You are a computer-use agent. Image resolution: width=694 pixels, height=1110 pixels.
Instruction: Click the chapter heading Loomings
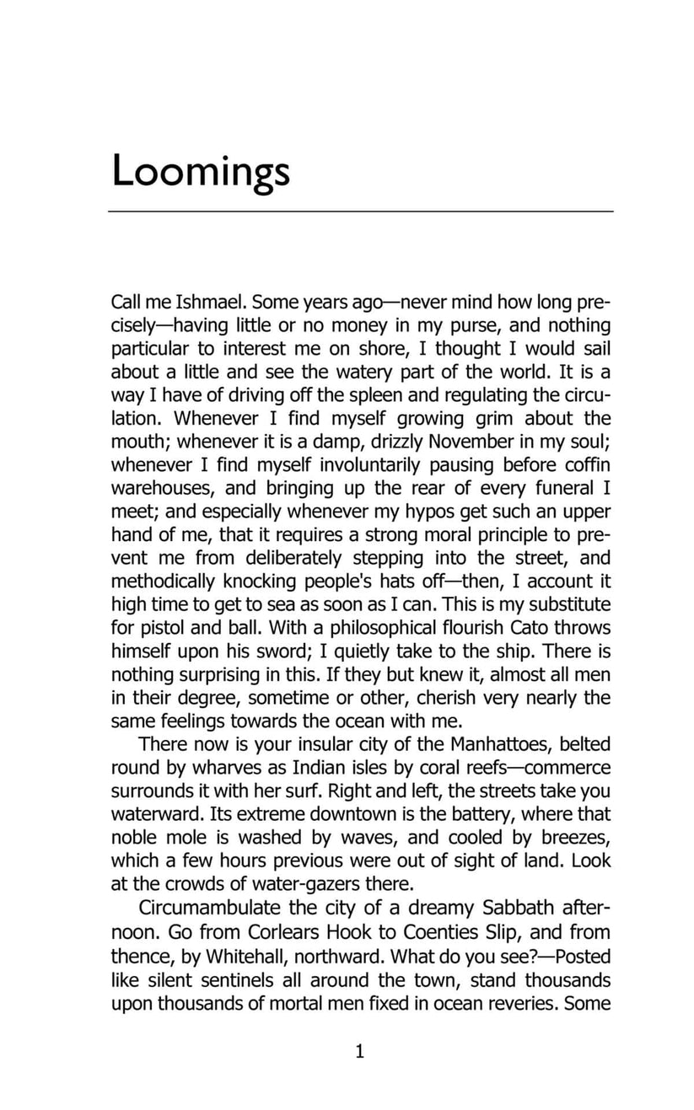click(x=201, y=171)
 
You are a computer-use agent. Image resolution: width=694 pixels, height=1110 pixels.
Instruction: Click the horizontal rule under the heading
click(x=361, y=211)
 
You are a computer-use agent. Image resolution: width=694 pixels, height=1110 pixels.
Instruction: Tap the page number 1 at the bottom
click(x=360, y=1052)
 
